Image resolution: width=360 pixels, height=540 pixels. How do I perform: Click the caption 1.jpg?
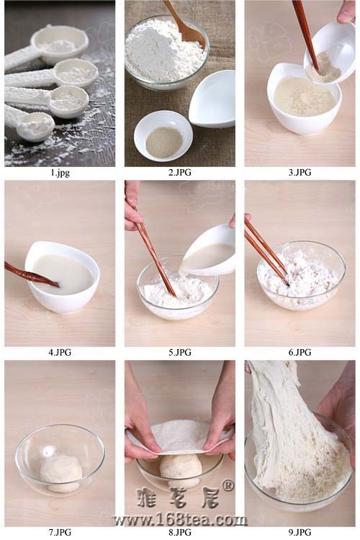pyautogui.click(x=60, y=173)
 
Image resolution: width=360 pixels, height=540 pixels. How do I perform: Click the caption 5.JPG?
pyautogui.click(x=180, y=352)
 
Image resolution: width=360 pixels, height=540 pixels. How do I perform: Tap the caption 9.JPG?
pyautogui.click(x=300, y=532)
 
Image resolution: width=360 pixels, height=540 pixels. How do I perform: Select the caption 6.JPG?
pyautogui.click(x=300, y=352)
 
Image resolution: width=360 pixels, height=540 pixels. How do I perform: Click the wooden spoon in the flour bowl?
pyautogui.click(x=186, y=26)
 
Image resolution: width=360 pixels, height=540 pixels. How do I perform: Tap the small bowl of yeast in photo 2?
pyautogui.click(x=163, y=135)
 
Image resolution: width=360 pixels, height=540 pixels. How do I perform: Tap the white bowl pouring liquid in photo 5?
pyautogui.click(x=208, y=250)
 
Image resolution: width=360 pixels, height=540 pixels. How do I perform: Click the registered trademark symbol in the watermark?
pyautogui.click(x=227, y=485)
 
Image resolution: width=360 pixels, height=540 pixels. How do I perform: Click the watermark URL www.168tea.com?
pyautogui.click(x=180, y=519)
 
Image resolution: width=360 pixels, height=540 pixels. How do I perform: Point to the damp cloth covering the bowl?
pyautogui.click(x=179, y=436)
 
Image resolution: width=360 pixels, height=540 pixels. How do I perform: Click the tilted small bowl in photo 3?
pyautogui.click(x=329, y=53)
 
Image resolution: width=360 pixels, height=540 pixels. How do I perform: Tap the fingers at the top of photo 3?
pyautogui.click(x=346, y=12)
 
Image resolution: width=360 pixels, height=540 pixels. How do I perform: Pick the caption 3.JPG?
pyautogui.click(x=300, y=173)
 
